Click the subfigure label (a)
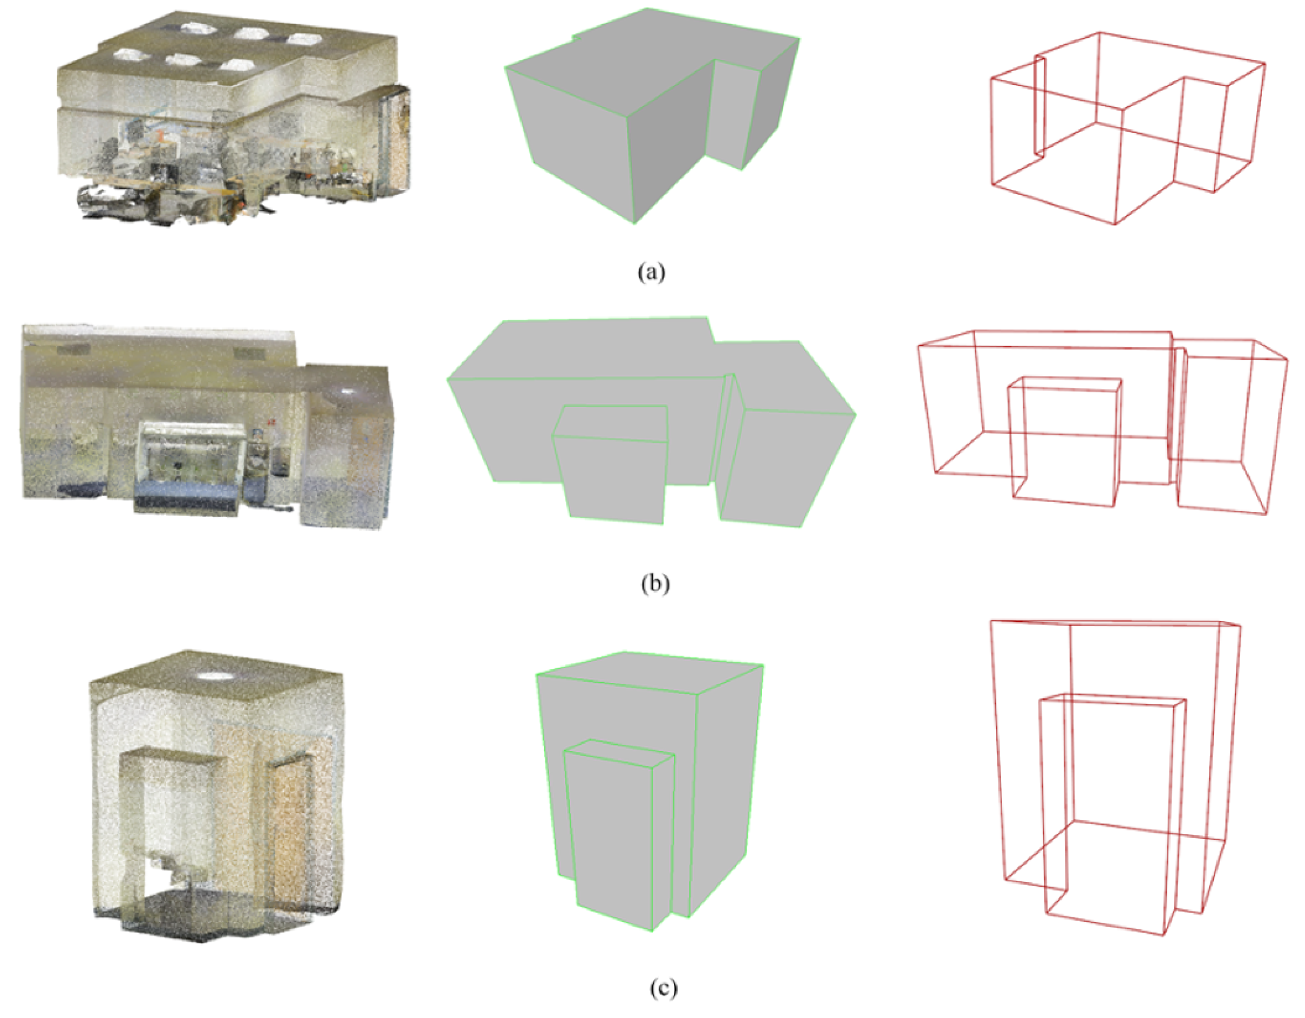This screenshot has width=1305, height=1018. coord(651,273)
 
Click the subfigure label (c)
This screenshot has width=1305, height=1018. coord(663,989)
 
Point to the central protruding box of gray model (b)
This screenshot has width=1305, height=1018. coord(612,472)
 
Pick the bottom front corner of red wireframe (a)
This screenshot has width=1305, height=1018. coord(1115,224)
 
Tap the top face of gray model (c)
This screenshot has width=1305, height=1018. coord(651,672)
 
